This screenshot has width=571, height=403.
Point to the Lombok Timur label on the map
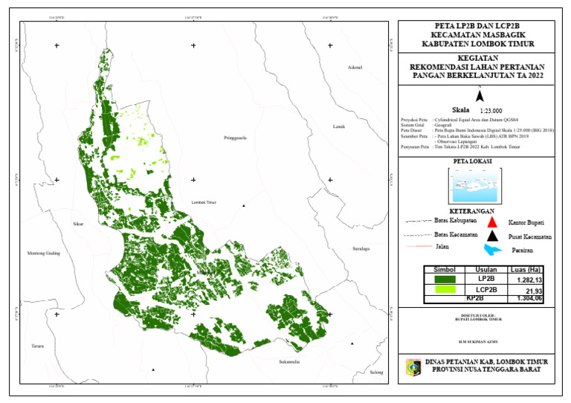coord(203,202)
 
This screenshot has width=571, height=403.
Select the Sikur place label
coord(78,223)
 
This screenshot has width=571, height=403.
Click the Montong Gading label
coord(43,253)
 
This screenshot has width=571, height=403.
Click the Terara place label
coord(37,346)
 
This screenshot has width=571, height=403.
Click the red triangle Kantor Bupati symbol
coord(491,222)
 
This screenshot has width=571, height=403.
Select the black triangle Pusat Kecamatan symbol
coord(491,236)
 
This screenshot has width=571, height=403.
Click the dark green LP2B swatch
coord(445,279)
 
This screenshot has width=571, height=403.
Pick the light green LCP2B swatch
coord(445,290)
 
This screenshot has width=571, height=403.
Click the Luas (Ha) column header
coord(525,269)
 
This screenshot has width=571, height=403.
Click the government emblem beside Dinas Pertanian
coord(412,367)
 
